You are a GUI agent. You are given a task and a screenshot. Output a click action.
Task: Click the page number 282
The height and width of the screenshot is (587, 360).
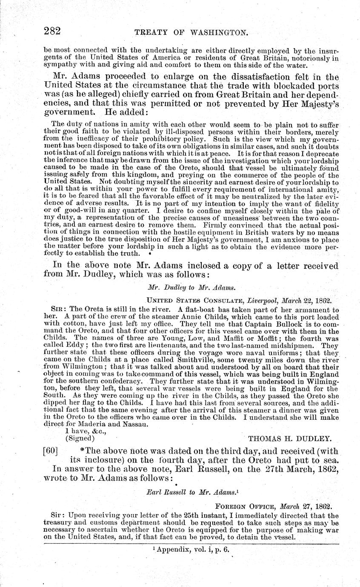(53, 31)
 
